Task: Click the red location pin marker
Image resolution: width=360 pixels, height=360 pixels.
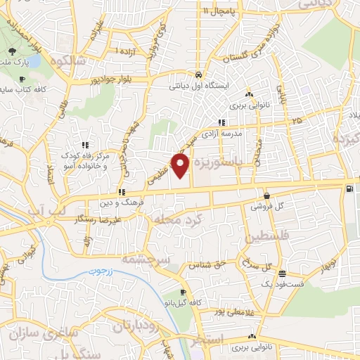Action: pos(181,166)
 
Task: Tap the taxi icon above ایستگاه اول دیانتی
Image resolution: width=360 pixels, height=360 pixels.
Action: pos(200,75)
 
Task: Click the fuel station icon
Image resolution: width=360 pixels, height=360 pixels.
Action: pos(349,188)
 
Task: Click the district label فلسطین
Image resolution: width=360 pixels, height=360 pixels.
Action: pos(262,236)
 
